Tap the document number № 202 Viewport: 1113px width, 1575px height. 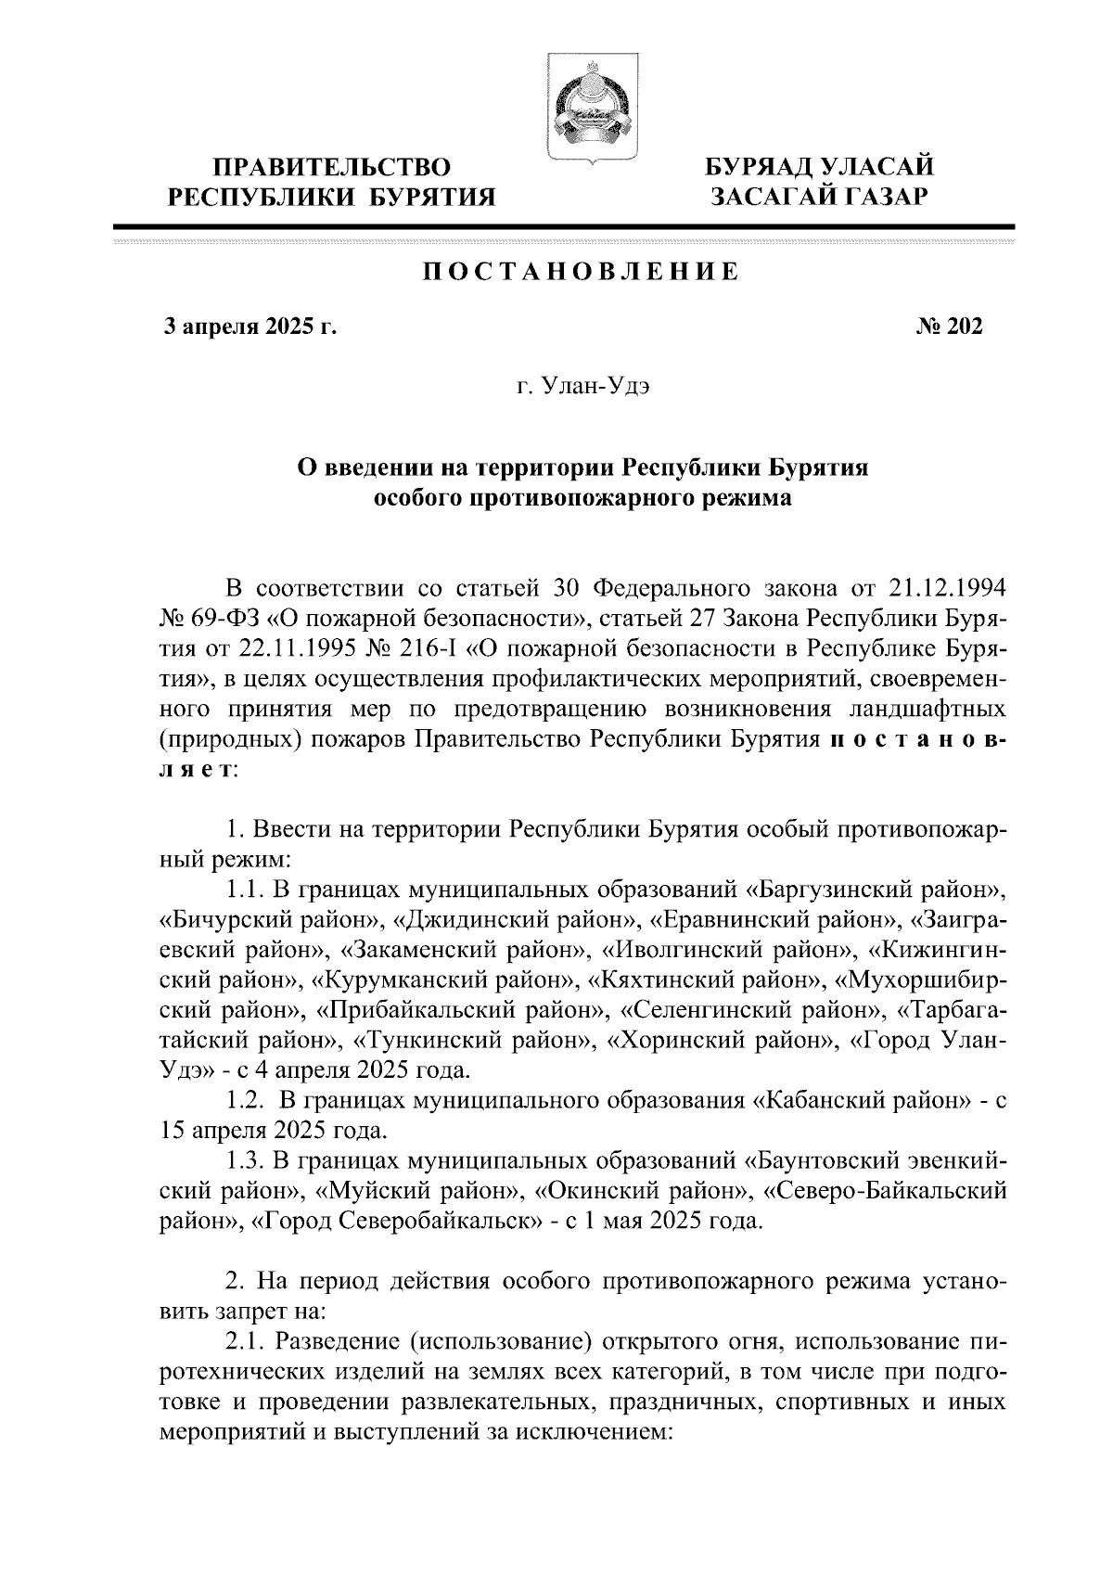tap(949, 327)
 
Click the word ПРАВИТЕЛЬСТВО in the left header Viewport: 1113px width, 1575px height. tap(331, 168)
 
